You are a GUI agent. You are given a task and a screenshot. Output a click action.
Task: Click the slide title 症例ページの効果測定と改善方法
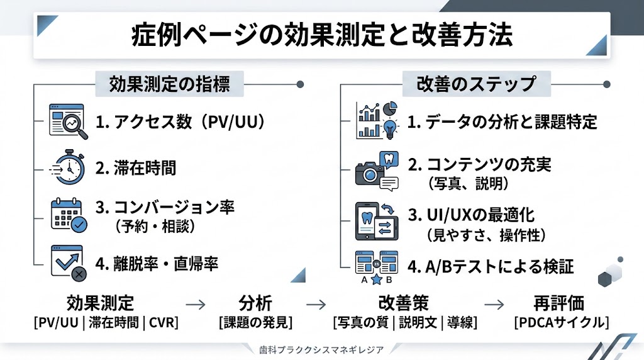click(322, 35)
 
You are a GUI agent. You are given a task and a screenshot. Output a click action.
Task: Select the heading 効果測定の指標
click(169, 84)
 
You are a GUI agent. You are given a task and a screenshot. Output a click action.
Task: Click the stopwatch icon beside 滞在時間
click(67, 167)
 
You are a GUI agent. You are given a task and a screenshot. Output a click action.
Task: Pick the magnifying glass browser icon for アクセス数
click(67, 121)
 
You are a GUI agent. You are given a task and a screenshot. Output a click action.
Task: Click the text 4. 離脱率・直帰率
click(157, 264)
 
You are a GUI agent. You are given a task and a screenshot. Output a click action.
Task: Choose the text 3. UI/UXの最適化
click(471, 215)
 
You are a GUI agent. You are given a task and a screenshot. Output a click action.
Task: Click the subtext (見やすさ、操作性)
click(486, 236)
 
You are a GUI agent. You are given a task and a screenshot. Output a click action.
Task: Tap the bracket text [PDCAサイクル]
click(559, 323)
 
